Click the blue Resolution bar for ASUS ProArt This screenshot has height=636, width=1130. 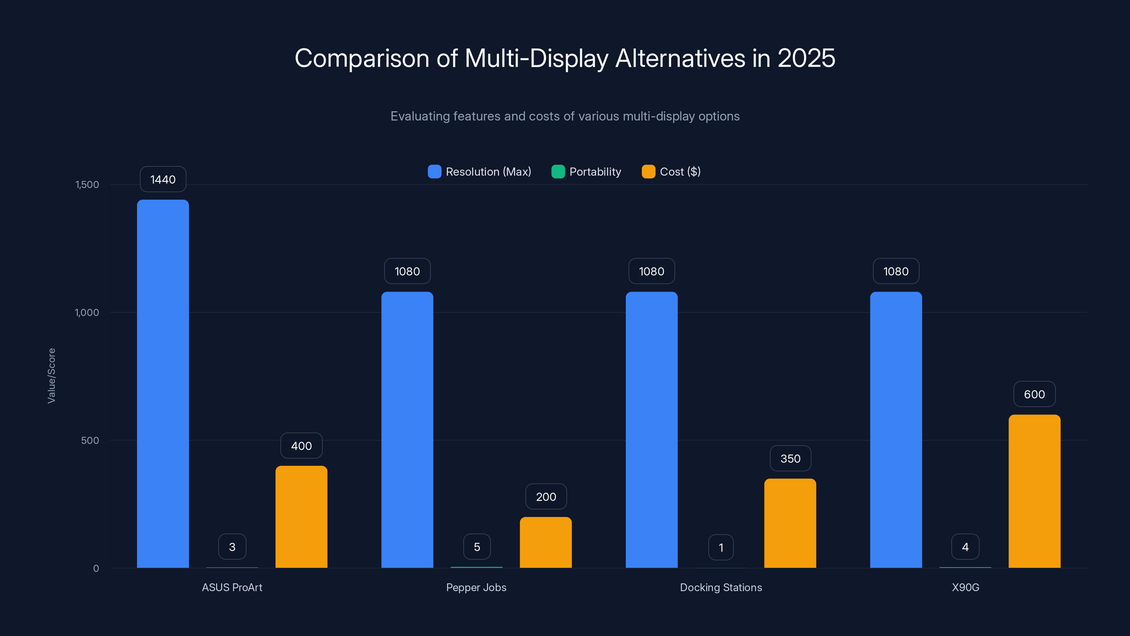163,384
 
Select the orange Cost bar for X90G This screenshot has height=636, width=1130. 1034,491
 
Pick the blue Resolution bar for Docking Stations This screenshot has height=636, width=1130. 652,430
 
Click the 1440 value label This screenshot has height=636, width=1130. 163,179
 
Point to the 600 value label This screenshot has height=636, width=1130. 1034,394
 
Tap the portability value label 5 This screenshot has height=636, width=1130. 477,547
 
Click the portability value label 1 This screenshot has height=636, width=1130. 721,547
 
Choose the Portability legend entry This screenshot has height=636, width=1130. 587,172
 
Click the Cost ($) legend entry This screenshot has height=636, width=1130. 671,172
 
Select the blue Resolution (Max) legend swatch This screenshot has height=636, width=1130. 434,172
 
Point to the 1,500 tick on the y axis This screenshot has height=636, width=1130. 87,184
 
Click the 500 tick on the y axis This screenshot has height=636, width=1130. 90,440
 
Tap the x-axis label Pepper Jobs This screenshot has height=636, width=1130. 476,587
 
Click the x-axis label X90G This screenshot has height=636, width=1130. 965,587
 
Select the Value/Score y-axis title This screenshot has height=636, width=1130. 51,376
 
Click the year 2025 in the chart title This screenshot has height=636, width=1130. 806,58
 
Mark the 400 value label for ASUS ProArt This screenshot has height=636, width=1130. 301,446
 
